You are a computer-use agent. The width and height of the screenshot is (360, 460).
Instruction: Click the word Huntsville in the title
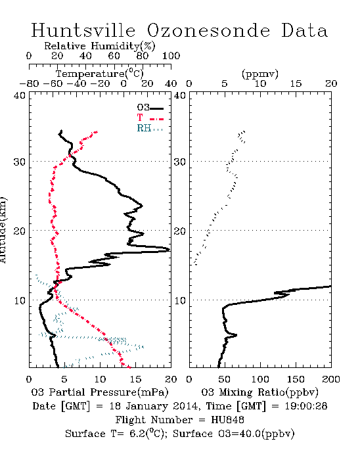click(x=83, y=30)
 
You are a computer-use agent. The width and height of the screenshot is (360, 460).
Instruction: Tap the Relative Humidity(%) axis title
click(x=100, y=46)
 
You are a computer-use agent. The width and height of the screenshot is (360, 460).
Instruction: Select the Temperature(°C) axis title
click(x=99, y=74)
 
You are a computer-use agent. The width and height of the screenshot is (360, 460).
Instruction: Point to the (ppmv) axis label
click(x=260, y=74)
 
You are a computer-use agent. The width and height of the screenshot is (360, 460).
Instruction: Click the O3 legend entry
click(x=150, y=108)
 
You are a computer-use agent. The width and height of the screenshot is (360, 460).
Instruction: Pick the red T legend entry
click(x=150, y=118)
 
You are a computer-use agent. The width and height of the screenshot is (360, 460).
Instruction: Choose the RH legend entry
click(x=150, y=128)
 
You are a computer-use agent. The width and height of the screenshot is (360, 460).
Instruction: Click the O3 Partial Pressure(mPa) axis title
click(x=100, y=392)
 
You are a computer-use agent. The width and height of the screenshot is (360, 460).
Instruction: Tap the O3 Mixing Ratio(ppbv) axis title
click(x=259, y=392)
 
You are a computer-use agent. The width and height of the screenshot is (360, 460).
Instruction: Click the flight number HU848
click(x=227, y=420)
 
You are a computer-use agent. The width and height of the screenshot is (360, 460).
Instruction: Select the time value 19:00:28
click(x=306, y=406)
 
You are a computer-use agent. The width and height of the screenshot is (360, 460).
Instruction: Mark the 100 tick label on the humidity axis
click(x=171, y=56)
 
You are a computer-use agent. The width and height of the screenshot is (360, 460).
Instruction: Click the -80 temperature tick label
click(x=29, y=83)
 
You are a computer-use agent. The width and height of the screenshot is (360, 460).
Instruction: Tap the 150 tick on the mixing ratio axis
click(x=296, y=379)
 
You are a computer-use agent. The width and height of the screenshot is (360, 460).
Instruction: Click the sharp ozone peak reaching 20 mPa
click(x=168, y=250)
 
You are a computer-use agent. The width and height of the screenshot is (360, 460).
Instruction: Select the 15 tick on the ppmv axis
click(x=296, y=83)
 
